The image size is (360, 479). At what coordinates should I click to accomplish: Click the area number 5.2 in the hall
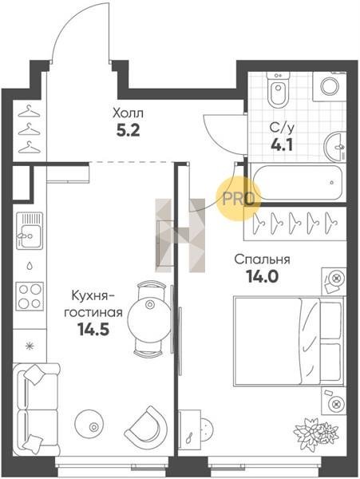(128, 130)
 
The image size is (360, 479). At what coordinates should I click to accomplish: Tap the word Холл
(128, 113)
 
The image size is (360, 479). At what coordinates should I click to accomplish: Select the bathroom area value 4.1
(282, 144)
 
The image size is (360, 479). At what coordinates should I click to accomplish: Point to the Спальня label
(263, 259)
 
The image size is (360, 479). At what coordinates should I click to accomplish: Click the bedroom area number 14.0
(263, 276)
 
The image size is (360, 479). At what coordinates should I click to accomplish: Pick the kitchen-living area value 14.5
(93, 329)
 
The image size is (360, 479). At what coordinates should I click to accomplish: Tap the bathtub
(298, 182)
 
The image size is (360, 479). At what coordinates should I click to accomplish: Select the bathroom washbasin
(334, 147)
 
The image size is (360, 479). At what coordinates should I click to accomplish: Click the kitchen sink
(30, 231)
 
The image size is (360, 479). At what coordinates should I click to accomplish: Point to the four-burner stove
(30, 296)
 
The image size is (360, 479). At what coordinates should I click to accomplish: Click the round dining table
(149, 318)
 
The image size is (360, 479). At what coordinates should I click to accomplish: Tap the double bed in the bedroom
(288, 341)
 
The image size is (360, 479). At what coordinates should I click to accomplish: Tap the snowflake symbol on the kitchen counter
(30, 346)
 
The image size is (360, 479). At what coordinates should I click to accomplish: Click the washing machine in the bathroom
(330, 86)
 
